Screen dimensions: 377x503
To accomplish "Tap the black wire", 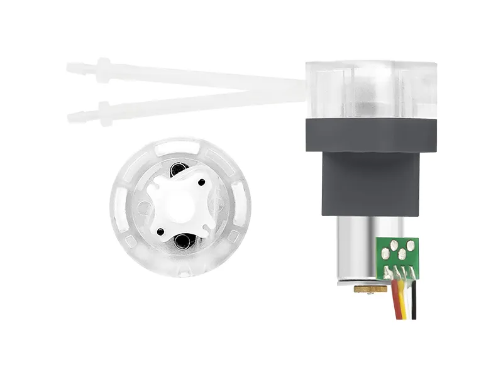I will tap(414, 302).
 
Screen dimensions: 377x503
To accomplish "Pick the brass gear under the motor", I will tap(370, 289).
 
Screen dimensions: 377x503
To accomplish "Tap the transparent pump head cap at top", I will tap(371, 88).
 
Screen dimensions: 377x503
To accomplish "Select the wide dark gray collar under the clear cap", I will tap(371, 135).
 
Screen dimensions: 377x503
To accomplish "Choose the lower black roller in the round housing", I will tap(184, 240).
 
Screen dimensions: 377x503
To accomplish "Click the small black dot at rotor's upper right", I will tap(202, 182).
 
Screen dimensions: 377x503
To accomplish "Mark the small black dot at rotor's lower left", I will tap(161, 231).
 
